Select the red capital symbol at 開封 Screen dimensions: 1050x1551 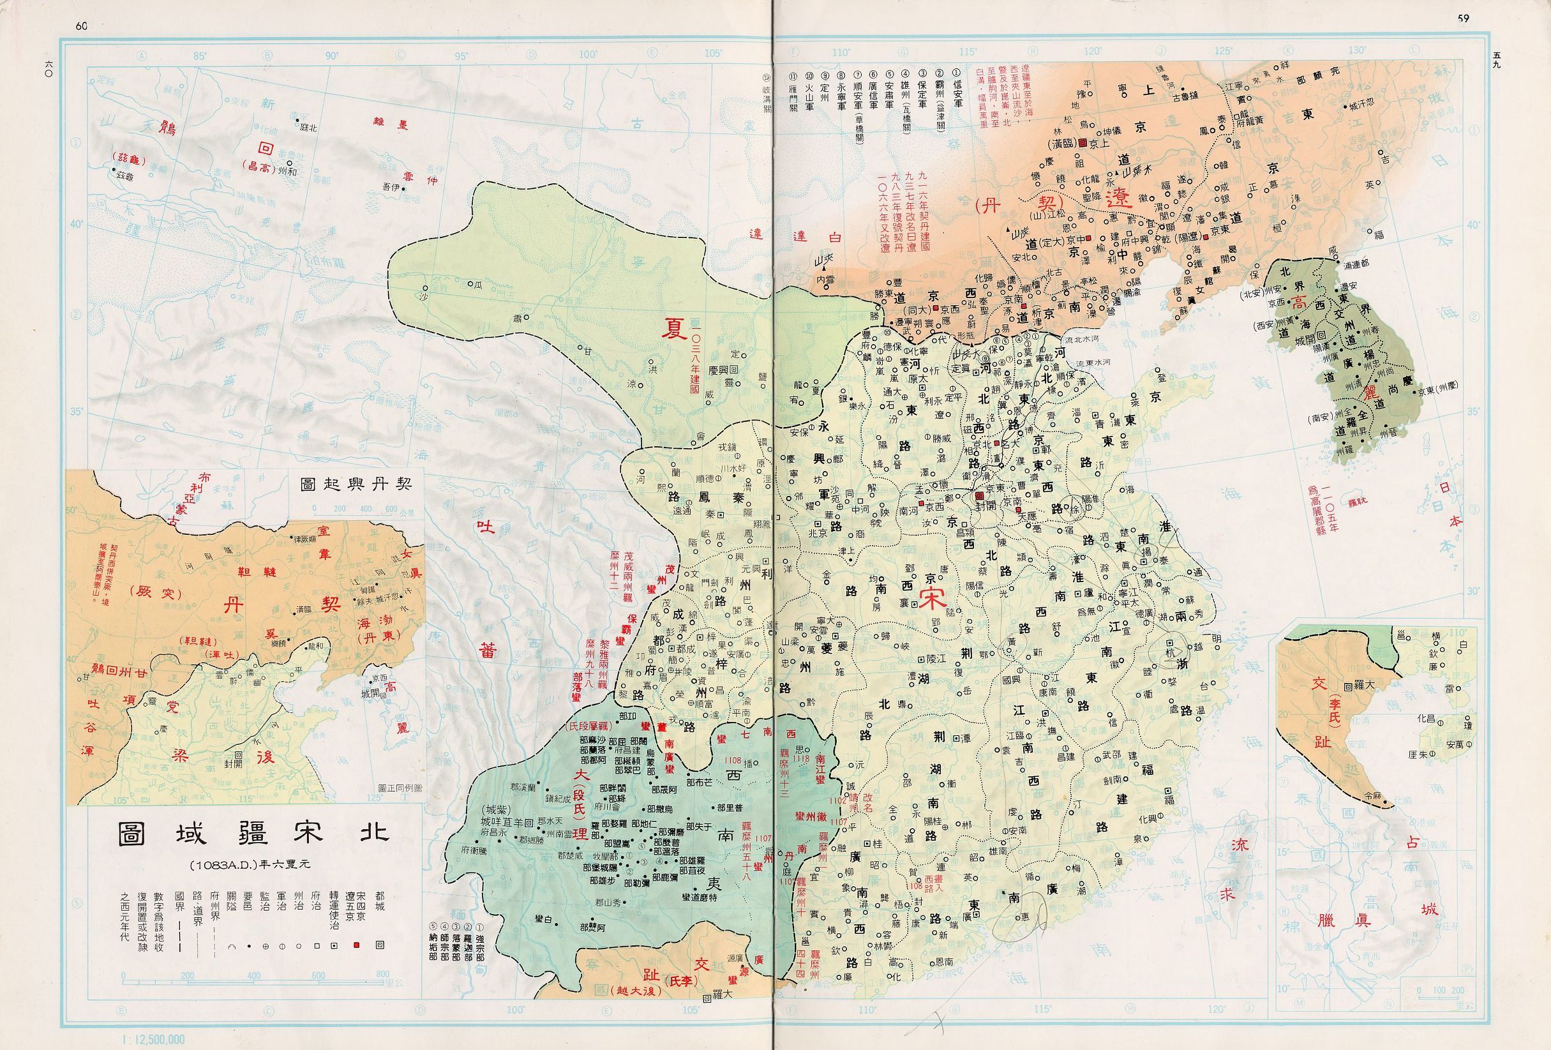[979, 497]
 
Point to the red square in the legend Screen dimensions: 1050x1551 [357, 946]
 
